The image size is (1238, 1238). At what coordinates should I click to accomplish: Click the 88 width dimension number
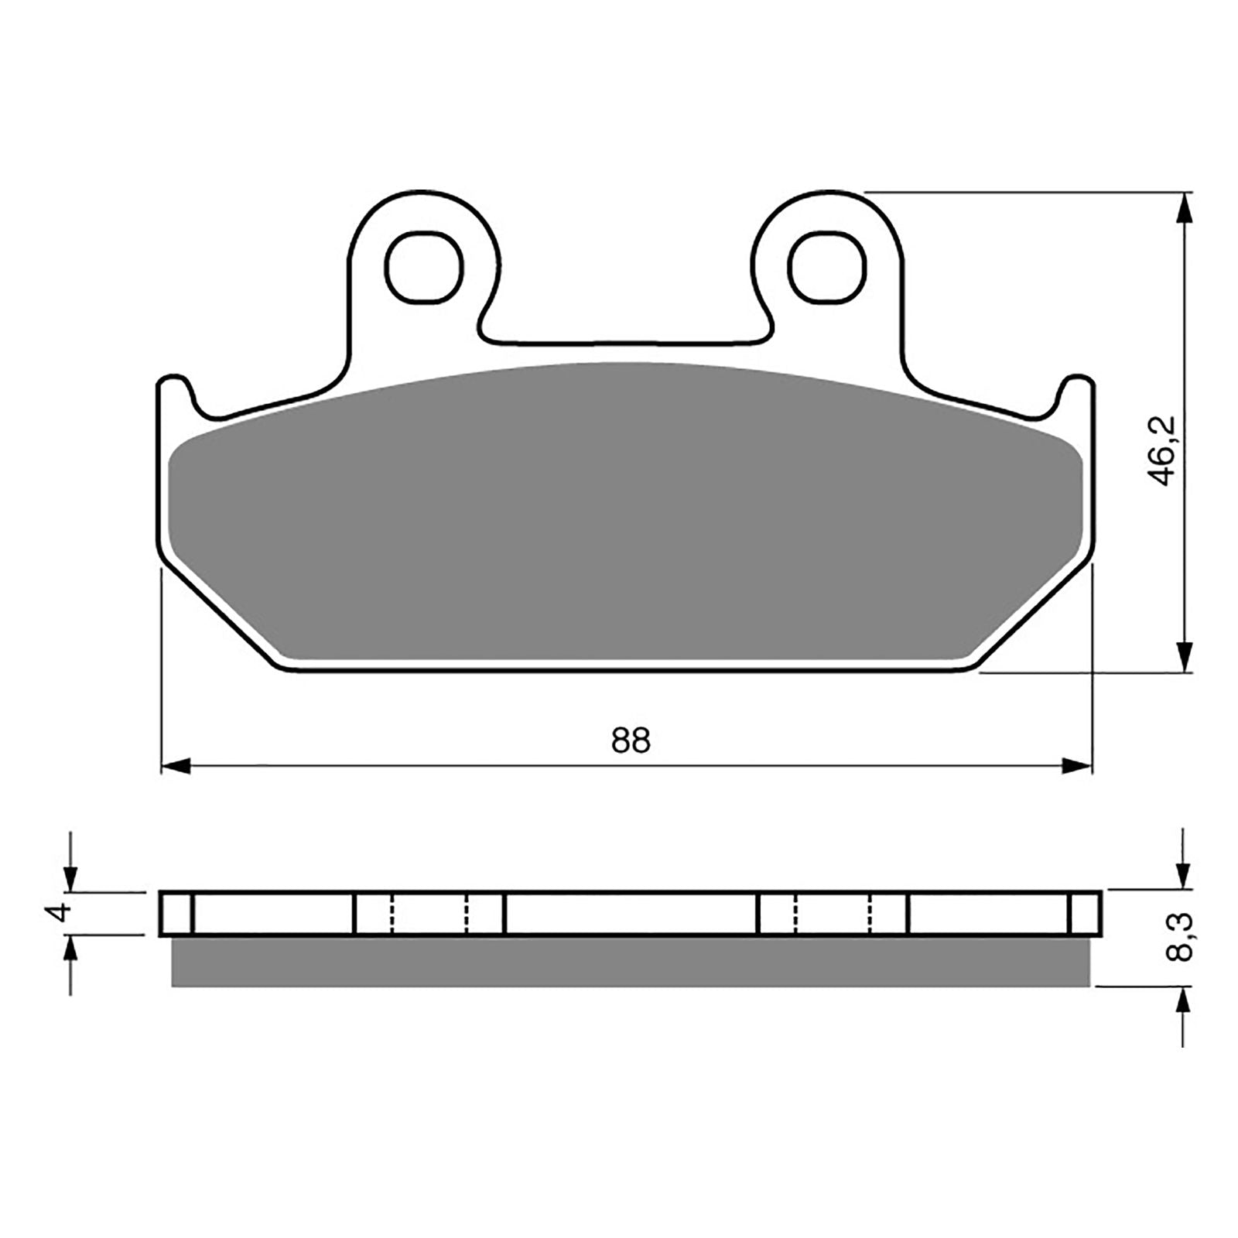(631, 741)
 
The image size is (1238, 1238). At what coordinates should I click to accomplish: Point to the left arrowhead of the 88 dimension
(175, 767)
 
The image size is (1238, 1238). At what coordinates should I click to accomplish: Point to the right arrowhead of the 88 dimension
(1076, 767)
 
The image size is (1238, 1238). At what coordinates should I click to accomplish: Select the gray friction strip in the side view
(631, 962)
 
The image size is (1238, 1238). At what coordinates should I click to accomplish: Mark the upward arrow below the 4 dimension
(70, 951)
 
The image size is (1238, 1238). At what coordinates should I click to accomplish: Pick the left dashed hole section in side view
(429, 914)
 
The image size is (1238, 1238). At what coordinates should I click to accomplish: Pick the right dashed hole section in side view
(833, 914)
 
